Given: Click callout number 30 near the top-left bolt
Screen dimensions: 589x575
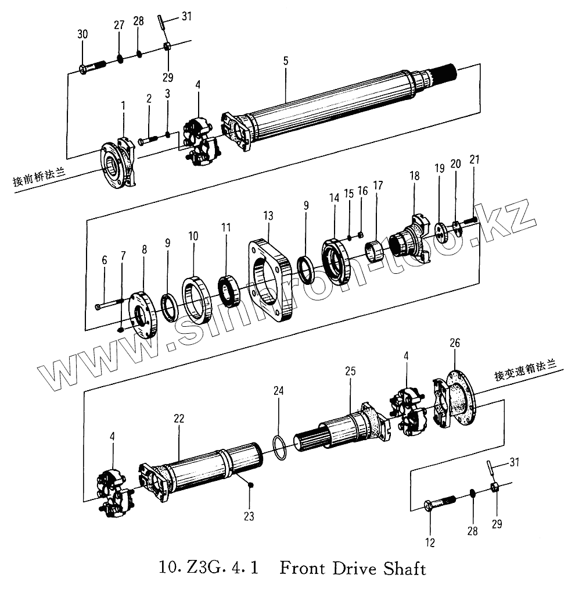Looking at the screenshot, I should coord(82,34).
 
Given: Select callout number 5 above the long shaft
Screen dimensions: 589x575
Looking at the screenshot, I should coord(285,60).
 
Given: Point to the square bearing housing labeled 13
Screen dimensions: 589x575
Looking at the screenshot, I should coord(270,278).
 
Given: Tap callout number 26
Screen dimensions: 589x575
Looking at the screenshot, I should coord(454,344).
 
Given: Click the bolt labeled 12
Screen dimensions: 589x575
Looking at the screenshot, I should coord(440,502).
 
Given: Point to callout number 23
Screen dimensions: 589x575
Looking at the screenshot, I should coord(249,515).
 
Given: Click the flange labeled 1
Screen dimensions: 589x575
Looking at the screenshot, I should coord(119,165).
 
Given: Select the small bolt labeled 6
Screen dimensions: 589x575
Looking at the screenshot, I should coord(109,304).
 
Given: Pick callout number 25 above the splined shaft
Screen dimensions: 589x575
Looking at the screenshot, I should coord(350,371).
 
